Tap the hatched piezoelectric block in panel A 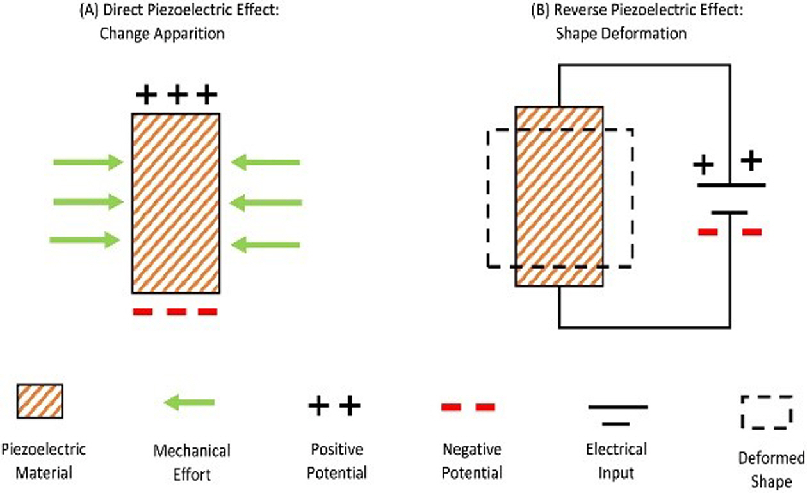coord(175,203)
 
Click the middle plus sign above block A coord(176,96)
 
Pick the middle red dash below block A coord(175,312)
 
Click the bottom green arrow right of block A coord(265,244)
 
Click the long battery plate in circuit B coord(731,185)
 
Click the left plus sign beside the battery coord(704,165)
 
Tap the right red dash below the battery coord(752,232)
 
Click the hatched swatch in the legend coord(40,401)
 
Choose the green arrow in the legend coord(189,403)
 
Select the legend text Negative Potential coord(472,461)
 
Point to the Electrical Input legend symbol coord(617,414)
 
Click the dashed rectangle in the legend coord(765,412)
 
